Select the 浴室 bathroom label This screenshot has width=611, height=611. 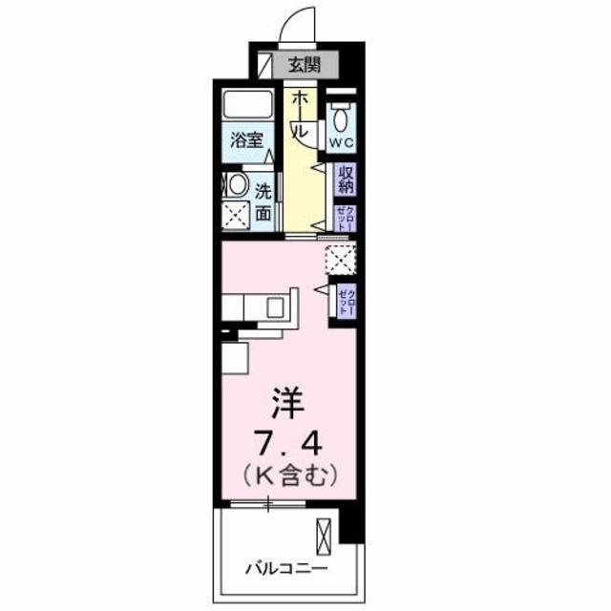coord(245,139)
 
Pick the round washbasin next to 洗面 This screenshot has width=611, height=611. coord(235,183)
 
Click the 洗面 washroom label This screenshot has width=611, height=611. coord(263,200)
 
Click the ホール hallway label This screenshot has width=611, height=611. coord(299,115)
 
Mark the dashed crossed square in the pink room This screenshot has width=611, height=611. coord(340,259)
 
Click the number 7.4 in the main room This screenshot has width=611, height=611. coord(286,443)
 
